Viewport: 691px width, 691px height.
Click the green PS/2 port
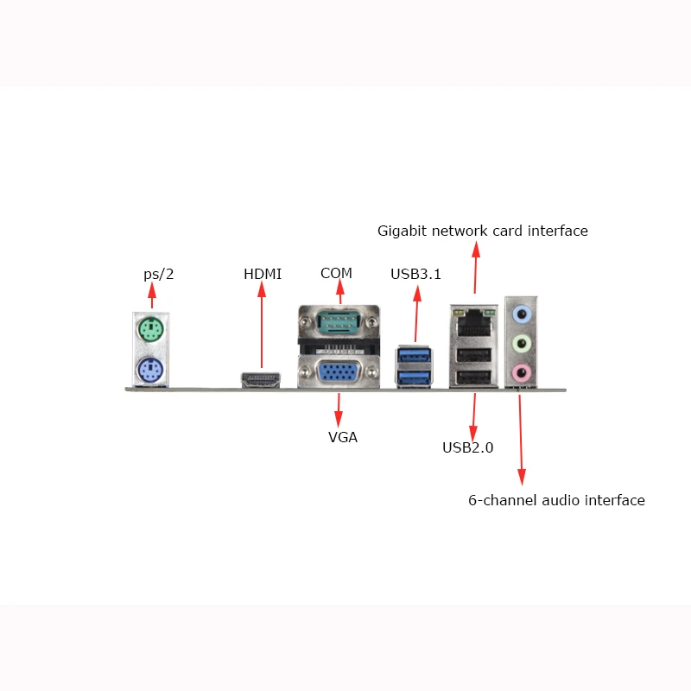(x=151, y=329)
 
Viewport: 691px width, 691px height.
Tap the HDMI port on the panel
(x=261, y=379)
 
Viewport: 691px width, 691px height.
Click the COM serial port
(x=339, y=324)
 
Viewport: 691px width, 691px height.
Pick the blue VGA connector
(x=339, y=374)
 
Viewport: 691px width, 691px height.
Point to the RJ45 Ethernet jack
(x=472, y=320)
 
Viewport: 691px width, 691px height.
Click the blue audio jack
(x=522, y=314)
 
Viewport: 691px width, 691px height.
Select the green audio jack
(x=522, y=344)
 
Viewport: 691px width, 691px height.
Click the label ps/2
(x=159, y=275)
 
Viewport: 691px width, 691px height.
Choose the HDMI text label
(x=263, y=275)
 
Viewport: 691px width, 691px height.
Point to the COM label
(x=336, y=273)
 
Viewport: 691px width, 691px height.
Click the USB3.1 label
(x=416, y=275)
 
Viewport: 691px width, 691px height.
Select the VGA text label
(x=343, y=437)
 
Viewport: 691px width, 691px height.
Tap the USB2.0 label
(x=467, y=447)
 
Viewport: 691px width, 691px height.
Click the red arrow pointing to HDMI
(x=263, y=328)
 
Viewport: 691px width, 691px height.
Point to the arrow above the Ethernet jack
(x=474, y=269)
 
